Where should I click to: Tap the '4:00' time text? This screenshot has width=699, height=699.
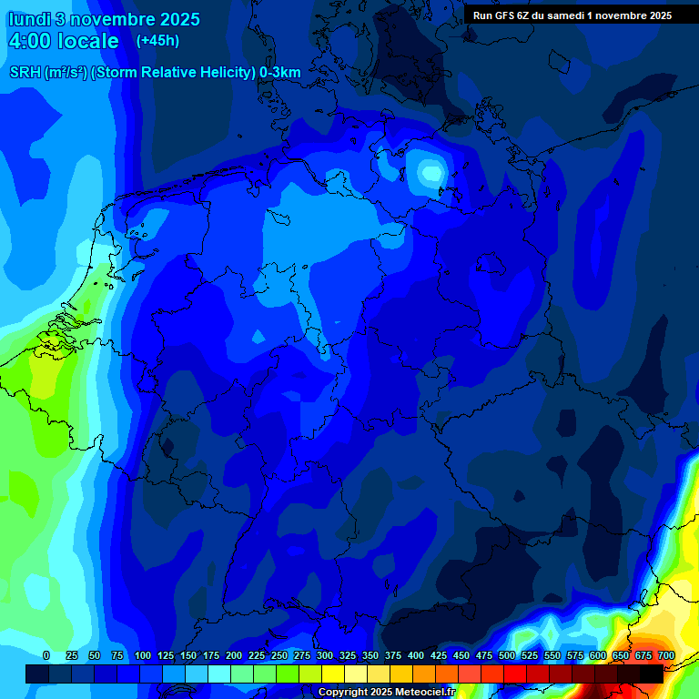29,41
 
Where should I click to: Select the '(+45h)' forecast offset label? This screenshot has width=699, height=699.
157,41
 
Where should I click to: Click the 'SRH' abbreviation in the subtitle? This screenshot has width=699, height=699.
25,73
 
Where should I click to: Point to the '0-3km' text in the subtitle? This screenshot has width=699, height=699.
280,73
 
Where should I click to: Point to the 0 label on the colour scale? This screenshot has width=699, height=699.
46,655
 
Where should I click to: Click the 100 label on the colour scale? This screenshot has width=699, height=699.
143,655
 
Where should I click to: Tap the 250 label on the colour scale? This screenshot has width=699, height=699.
279,655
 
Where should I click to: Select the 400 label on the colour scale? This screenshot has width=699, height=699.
416,655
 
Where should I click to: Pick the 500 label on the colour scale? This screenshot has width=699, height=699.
507,655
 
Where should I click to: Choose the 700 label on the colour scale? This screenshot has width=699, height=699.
666,655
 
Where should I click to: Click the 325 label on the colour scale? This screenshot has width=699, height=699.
348,655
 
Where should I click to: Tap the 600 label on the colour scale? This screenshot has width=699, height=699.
598,655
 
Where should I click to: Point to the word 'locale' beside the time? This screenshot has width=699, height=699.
87,41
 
